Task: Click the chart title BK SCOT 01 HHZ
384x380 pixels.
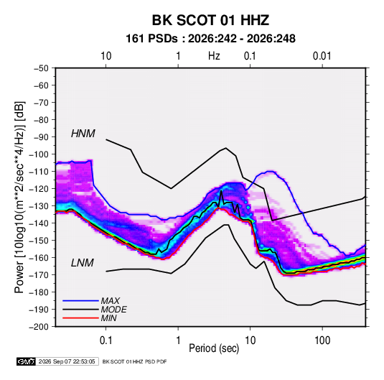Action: click(x=210, y=20)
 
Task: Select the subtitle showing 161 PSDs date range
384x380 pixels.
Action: click(x=210, y=39)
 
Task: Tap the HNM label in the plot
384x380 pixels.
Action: click(x=83, y=134)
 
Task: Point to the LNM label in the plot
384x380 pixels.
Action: click(x=83, y=263)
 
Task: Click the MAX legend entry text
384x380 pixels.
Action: click(x=111, y=301)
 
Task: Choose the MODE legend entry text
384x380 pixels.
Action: click(x=114, y=310)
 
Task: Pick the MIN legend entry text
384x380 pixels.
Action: click(x=108, y=318)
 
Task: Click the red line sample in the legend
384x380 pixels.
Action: click(x=80, y=318)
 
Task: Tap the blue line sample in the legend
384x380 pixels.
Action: click(x=80, y=301)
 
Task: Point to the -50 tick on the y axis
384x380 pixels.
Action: click(x=41, y=68)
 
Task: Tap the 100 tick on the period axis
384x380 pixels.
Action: click(x=322, y=340)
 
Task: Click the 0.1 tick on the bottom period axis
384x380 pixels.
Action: click(x=106, y=340)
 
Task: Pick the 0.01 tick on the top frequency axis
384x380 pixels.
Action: click(x=322, y=56)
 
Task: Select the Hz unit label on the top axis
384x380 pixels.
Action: click(x=214, y=56)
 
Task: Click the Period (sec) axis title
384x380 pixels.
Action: click(x=214, y=348)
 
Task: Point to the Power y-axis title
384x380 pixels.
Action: click(x=19, y=197)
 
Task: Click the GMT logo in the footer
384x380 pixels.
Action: click(x=26, y=361)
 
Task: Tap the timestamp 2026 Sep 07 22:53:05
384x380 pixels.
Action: click(x=67, y=361)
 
